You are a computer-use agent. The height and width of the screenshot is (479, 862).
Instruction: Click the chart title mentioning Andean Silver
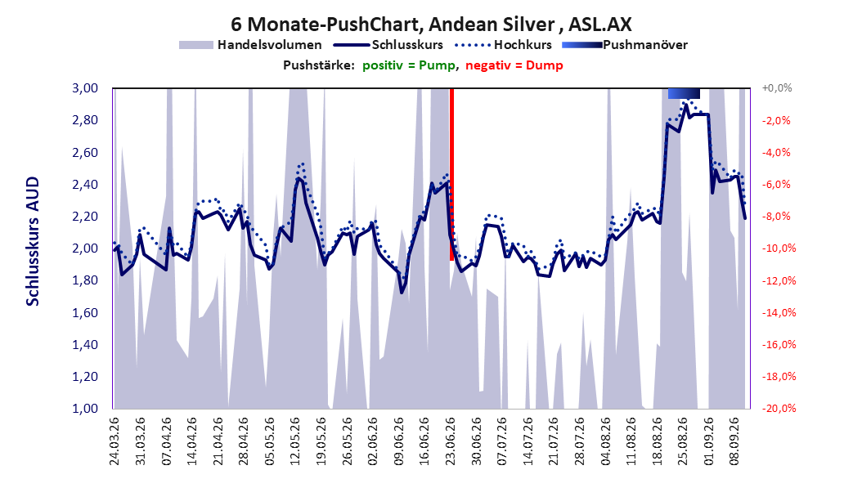point(431,25)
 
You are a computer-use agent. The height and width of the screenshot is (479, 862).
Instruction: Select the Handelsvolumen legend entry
point(250,45)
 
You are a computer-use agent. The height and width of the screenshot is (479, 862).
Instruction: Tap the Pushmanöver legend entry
point(625,45)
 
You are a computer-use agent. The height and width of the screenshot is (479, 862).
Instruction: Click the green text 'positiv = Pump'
point(408,65)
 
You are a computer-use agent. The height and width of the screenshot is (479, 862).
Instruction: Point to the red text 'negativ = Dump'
point(514,65)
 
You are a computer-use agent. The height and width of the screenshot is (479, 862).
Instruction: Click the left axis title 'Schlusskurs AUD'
point(33,241)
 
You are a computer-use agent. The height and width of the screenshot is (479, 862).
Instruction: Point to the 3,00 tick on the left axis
point(85,88)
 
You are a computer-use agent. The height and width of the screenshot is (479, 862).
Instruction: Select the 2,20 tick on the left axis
point(85,217)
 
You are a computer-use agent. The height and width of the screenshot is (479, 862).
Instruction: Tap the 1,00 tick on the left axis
point(85,408)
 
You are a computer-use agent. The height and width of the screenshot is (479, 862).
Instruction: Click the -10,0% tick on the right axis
point(779,248)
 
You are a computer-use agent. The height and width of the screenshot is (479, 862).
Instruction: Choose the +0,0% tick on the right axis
point(777,88)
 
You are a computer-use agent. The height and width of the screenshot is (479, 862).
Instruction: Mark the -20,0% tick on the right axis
point(779,408)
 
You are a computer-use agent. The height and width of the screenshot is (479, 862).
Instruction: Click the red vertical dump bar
point(452,174)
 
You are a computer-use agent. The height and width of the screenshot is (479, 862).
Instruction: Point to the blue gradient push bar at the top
point(684,93)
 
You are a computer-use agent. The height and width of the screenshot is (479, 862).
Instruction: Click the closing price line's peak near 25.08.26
point(686,105)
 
